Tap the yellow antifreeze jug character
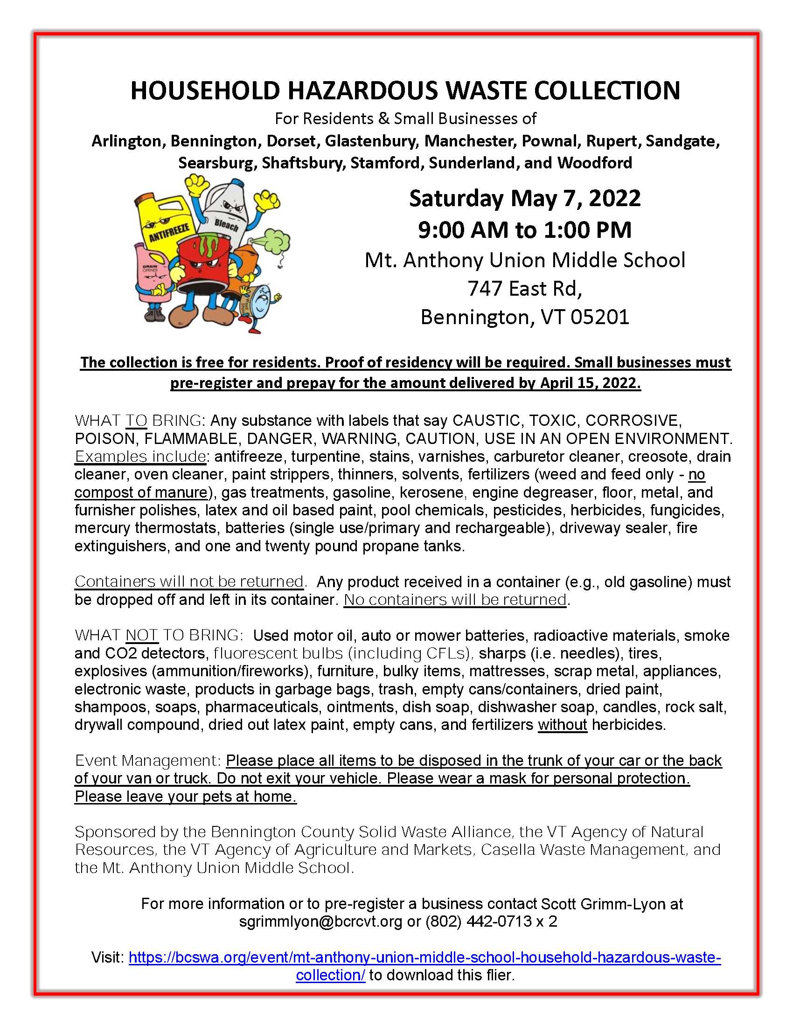pos(164,221)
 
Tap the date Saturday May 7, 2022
pos(524,198)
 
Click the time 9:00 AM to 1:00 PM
pos(524,230)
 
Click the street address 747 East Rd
pos(524,288)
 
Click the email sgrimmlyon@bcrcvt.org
pos(320,921)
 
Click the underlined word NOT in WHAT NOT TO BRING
pos(142,635)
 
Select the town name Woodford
pos(594,163)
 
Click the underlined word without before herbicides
pos(563,724)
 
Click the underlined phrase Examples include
pos(140,456)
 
